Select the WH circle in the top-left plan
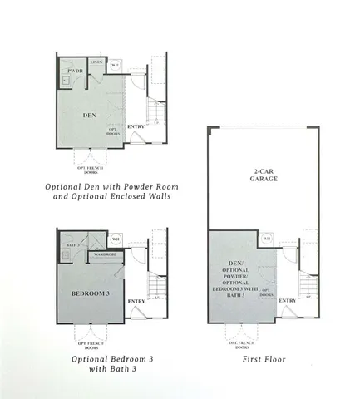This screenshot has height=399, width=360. tap(116, 64)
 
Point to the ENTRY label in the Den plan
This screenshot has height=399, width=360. tap(136, 127)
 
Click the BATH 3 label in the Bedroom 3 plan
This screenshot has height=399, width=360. tap(72, 245)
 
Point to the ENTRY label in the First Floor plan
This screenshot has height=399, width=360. tap(288, 302)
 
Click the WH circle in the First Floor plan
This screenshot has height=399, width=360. tap(267, 239)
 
